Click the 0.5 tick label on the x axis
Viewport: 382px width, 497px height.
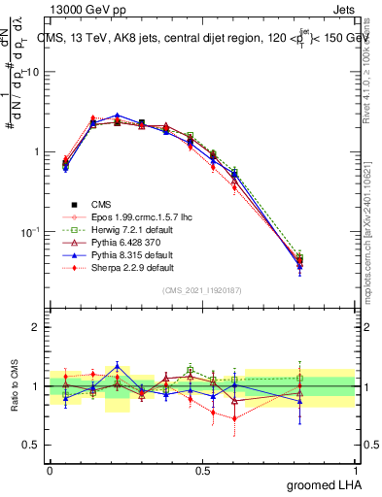[x=202, y=470]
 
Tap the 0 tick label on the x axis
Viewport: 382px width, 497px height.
[x=50, y=470]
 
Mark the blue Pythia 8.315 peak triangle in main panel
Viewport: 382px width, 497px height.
[x=118, y=116]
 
